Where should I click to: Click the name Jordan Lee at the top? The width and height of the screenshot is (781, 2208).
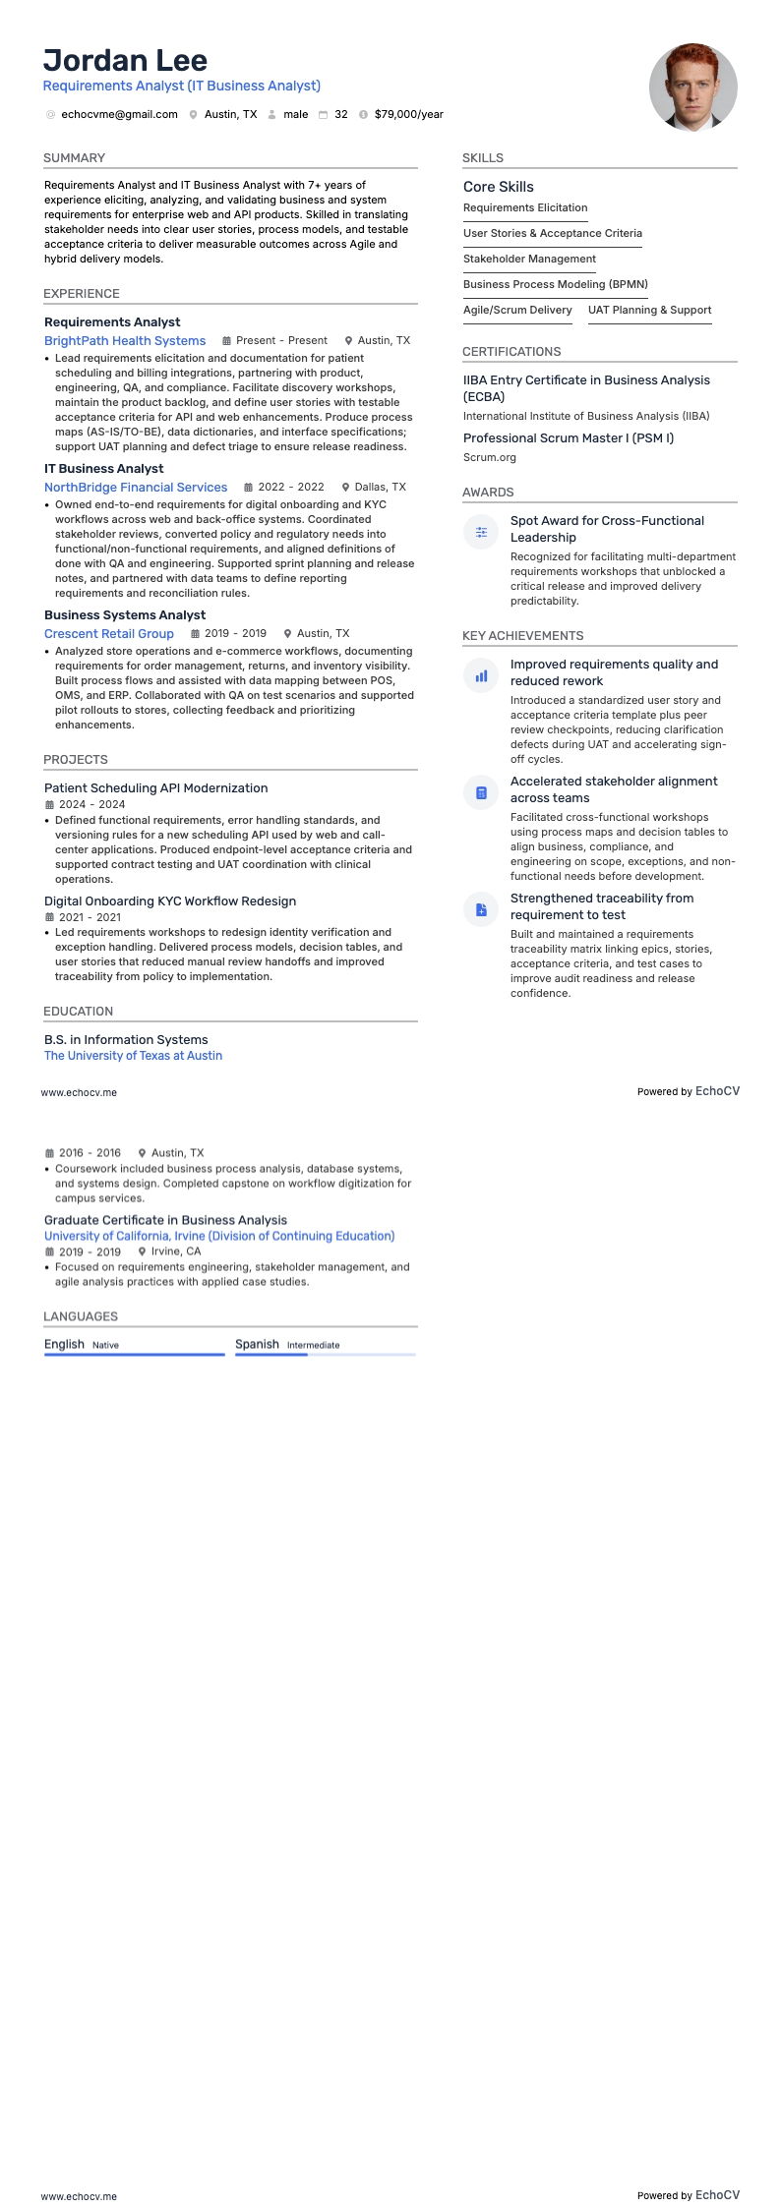(x=125, y=61)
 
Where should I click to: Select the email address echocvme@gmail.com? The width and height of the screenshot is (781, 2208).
(x=119, y=115)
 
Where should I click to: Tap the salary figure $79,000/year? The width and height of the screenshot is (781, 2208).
(x=408, y=115)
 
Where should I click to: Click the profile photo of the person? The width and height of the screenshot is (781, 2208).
(x=692, y=87)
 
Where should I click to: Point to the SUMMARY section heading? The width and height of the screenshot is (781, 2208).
(x=74, y=158)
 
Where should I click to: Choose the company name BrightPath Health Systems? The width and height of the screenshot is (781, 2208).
(x=125, y=341)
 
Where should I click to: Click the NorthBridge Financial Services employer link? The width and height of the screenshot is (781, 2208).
(x=136, y=488)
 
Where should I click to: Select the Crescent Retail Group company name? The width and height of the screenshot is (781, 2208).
(x=109, y=634)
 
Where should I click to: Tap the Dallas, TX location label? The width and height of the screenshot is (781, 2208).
(x=380, y=488)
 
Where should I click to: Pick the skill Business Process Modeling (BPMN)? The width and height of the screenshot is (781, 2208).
(x=555, y=285)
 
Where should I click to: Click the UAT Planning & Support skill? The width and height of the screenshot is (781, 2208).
(x=649, y=311)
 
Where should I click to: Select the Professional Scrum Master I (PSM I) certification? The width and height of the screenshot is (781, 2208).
(x=569, y=438)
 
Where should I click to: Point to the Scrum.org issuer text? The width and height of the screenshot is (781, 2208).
(x=490, y=458)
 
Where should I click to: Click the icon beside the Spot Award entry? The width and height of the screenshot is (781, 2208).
(x=481, y=532)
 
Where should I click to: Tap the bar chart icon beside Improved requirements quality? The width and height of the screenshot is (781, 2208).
(x=481, y=675)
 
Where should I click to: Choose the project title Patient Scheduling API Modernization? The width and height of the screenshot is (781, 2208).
(x=155, y=788)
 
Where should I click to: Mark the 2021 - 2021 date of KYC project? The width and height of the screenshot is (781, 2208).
(x=90, y=917)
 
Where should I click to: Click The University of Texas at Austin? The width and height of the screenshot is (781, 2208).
(x=133, y=1056)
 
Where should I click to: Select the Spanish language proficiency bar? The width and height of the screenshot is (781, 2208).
(x=325, y=1355)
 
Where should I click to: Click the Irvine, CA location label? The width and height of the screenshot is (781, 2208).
(x=175, y=1252)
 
